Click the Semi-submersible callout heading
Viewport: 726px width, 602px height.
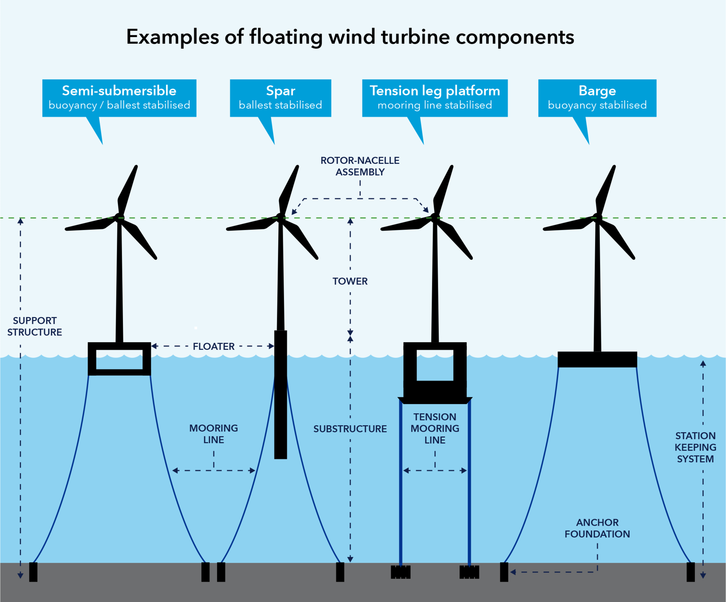point(119,91)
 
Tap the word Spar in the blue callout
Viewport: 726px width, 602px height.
point(281,91)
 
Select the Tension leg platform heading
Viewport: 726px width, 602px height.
point(435,91)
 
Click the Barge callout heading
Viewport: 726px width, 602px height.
point(597,91)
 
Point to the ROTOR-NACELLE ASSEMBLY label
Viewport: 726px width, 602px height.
point(360,166)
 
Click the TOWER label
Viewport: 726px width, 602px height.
point(350,281)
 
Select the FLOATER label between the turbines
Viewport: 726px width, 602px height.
point(214,346)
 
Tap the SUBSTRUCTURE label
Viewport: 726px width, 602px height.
point(350,429)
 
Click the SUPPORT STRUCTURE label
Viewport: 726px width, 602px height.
point(34,326)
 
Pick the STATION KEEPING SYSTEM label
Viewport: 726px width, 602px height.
point(695,447)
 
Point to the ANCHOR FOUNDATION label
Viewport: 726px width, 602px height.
point(597,528)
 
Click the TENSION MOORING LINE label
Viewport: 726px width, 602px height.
point(435,428)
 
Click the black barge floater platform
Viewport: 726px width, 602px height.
point(597,359)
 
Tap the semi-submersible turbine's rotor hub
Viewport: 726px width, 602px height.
point(119,217)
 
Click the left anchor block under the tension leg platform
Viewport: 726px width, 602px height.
point(400,572)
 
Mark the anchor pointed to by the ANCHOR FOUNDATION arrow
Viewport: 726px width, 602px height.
point(504,572)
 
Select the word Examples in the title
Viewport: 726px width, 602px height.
point(172,37)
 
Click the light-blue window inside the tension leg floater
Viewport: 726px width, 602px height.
point(435,365)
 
